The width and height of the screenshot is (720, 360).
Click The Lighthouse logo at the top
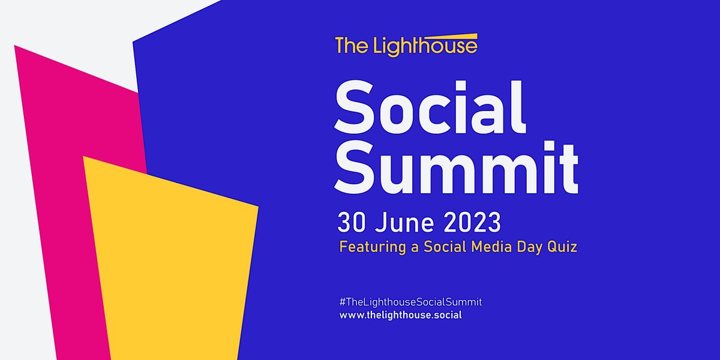406,46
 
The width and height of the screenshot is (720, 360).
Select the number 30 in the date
352,223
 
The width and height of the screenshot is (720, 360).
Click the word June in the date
401,223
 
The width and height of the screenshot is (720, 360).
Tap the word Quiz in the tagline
563,247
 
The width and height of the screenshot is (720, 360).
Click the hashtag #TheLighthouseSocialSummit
410,302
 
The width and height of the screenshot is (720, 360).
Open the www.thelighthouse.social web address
400,315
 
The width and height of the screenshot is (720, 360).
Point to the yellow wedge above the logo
456,37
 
